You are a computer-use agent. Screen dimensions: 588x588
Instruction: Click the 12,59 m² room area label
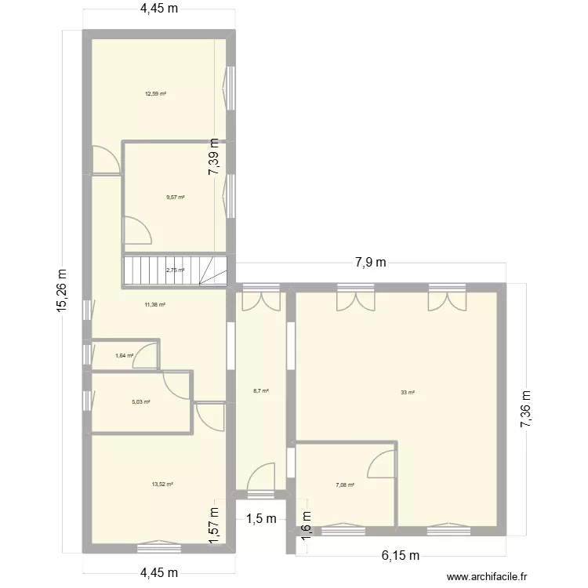coord(155,94)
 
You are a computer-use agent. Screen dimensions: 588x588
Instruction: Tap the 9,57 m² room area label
coord(176,197)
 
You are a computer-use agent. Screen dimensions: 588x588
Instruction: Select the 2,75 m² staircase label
coord(175,270)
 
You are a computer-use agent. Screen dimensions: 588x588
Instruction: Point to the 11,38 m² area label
coord(155,304)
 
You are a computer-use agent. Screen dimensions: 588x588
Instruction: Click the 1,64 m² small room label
coord(124,356)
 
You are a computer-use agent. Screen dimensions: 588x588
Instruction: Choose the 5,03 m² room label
coord(141,401)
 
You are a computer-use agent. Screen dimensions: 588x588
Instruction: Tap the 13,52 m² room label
coord(162,485)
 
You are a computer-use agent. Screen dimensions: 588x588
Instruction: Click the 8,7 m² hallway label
coord(261,390)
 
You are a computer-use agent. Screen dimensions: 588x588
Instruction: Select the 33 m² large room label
coord(407,392)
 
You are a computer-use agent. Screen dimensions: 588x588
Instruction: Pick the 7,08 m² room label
coord(345,485)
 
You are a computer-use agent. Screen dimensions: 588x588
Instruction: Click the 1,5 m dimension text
coord(261,519)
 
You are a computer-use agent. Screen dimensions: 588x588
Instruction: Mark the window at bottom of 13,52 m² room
coord(159,543)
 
